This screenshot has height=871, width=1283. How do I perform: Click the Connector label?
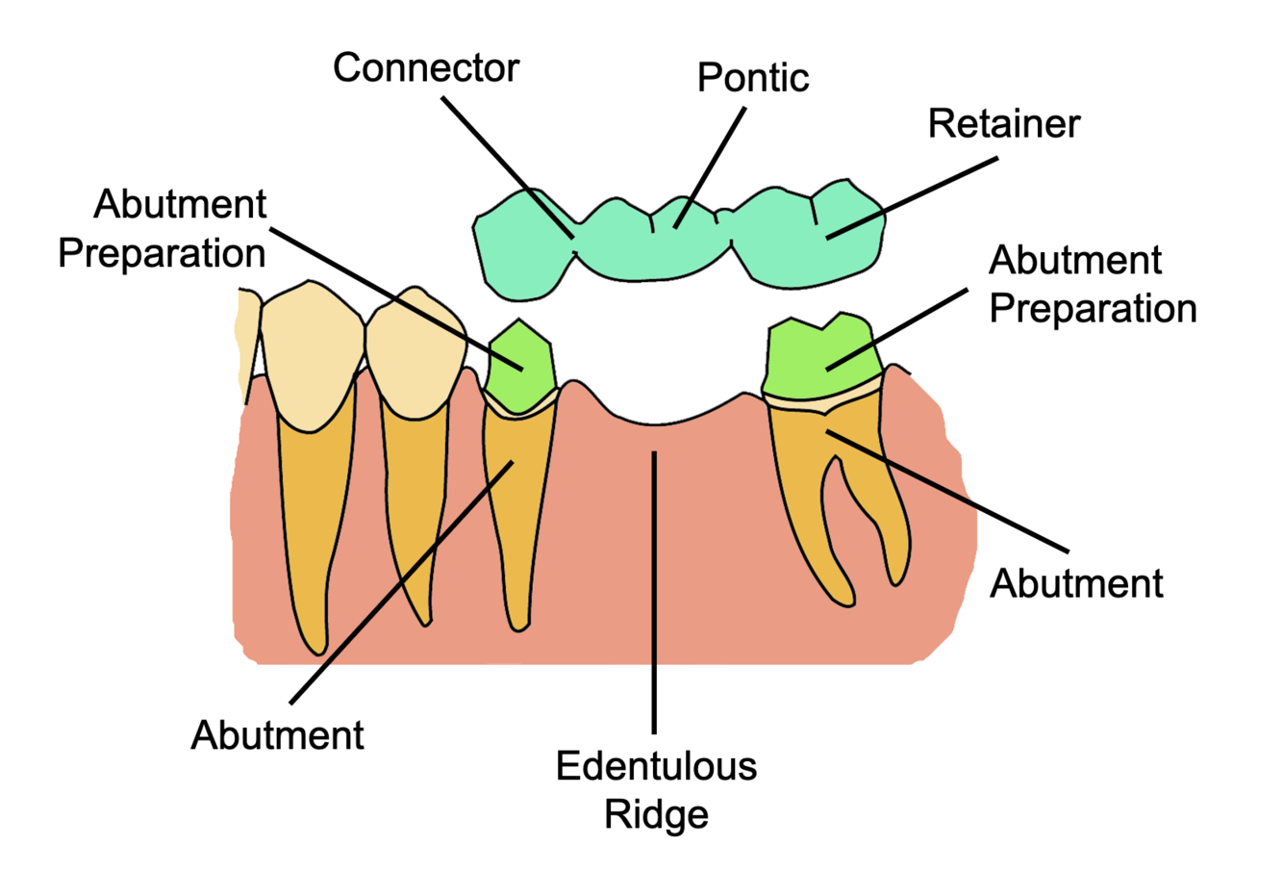pyautogui.click(x=425, y=69)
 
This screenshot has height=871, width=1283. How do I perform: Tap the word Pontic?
pyautogui.click(x=752, y=78)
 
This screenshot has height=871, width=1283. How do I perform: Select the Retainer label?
pyautogui.click(x=1003, y=125)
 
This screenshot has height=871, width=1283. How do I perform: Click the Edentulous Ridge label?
pyautogui.click(x=656, y=790)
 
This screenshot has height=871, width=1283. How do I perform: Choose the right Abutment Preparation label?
pyautogui.click(x=1093, y=285)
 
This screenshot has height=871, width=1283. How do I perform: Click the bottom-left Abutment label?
pyautogui.click(x=277, y=735)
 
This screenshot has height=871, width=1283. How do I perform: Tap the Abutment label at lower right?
pyautogui.click(x=1076, y=583)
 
